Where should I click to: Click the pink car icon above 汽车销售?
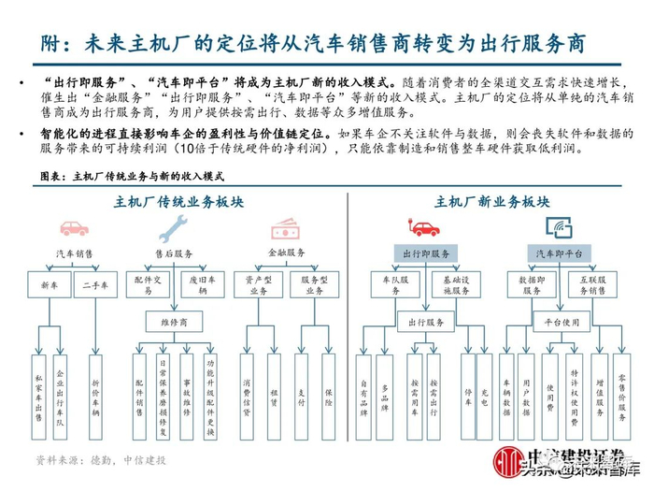pos(74,227)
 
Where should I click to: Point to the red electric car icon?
pos(425,227)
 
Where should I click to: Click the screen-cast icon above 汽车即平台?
pos(558,227)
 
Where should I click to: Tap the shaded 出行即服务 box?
pos(425,253)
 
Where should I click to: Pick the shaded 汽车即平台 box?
pos(559,253)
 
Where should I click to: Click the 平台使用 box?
pos(559,322)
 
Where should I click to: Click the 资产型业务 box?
pos(259,284)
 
